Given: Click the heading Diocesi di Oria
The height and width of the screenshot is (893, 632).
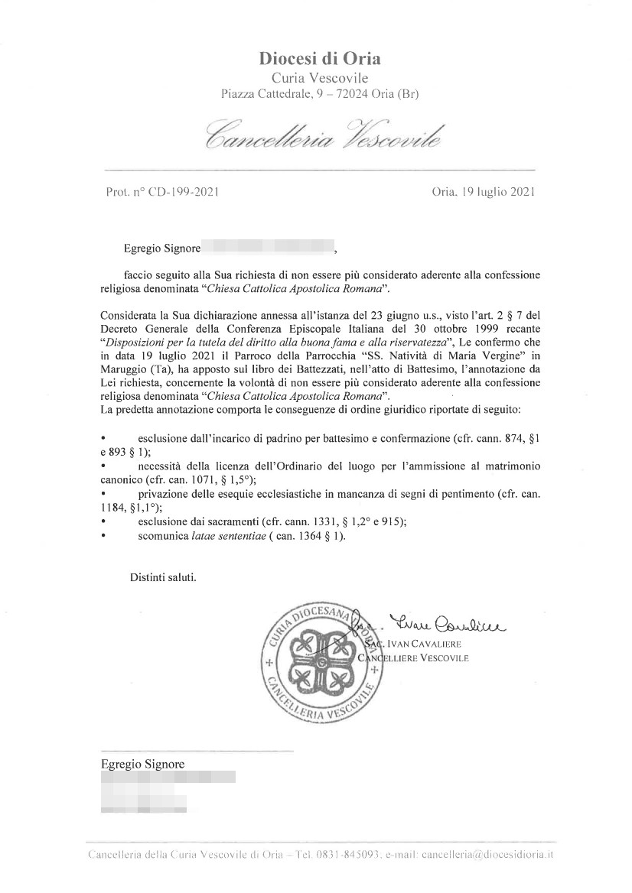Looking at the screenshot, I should (x=320, y=58).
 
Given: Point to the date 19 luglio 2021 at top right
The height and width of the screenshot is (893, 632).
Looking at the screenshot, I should (x=499, y=192).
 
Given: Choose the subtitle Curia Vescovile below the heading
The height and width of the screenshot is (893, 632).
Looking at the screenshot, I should (x=320, y=77).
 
